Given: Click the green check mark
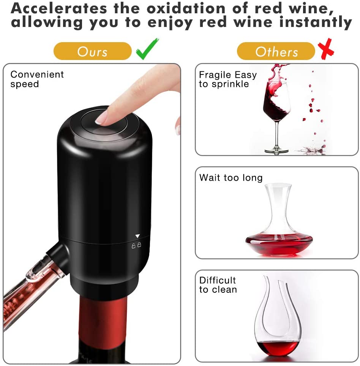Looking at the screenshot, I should click(147, 50).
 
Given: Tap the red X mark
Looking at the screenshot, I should click(326, 50).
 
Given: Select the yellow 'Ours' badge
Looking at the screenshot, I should click(92, 51).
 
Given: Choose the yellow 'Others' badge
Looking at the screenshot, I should click(276, 51).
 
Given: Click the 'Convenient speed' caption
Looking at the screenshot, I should click(37, 79).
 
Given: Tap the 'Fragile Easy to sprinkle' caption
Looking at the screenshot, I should click(227, 79).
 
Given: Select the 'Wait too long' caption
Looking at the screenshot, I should click(231, 177).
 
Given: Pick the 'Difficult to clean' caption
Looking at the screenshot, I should click(218, 285).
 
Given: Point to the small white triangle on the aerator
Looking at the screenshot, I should click(137, 236).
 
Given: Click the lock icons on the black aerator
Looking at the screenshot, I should click(136, 245).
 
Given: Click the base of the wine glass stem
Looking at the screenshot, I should click(276, 151).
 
